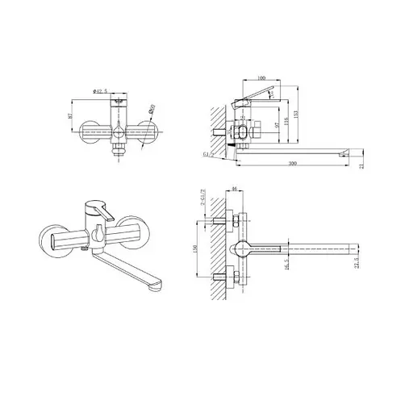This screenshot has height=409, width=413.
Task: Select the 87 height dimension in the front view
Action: (71, 118)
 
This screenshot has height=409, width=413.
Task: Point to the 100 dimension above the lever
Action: (261, 77)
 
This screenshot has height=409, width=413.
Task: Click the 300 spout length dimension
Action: (291, 165)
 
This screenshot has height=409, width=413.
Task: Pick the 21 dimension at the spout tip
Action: (361, 165)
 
